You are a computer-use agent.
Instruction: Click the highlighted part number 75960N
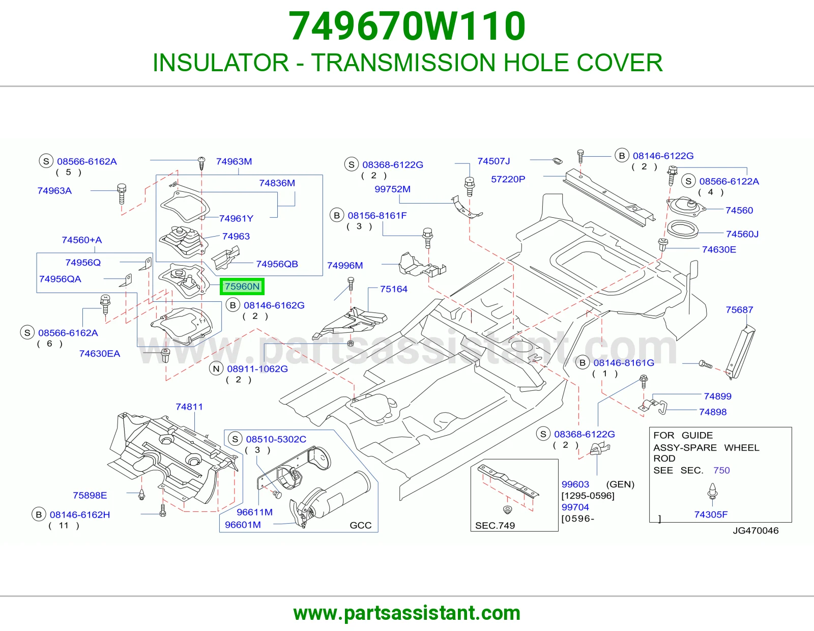tap(242, 286)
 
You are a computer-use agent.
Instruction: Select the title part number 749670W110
tap(407, 26)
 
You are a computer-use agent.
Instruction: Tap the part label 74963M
tap(234, 161)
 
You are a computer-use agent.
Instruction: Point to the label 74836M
tap(277, 183)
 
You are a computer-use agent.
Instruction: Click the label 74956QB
tap(277, 264)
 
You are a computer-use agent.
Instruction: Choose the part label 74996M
tap(345, 266)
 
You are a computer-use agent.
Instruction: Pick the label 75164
tap(394, 289)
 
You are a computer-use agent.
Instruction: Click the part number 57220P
tap(508, 180)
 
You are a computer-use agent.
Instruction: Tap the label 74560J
tap(742, 234)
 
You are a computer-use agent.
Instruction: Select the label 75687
tap(739, 310)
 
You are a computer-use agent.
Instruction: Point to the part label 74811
tap(189, 407)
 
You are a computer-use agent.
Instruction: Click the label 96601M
tap(243, 525)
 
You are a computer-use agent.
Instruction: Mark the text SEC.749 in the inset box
tap(495, 526)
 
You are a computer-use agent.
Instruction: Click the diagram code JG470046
tap(755, 531)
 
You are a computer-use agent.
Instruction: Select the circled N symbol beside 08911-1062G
tap(216, 369)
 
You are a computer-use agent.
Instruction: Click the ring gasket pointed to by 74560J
tap(683, 230)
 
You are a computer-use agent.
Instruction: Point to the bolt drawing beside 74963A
tap(122, 194)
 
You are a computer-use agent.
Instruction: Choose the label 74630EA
tap(100, 354)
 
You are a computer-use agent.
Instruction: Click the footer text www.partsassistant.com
tap(407, 613)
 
